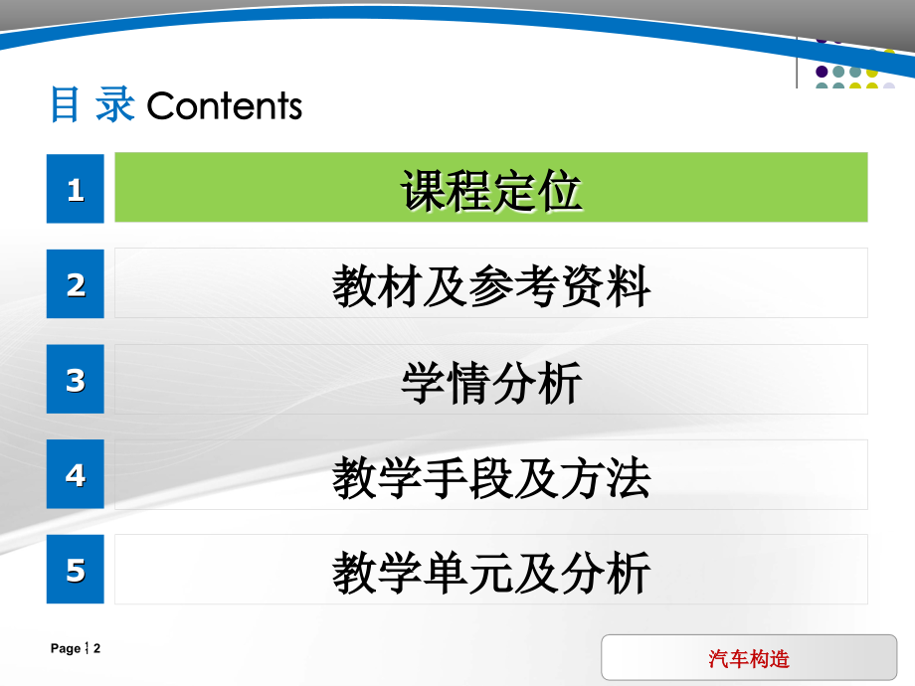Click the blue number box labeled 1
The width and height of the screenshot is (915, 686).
tap(76, 189)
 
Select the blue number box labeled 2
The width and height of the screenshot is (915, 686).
tap(76, 283)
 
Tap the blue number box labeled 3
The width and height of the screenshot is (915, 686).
tap(76, 379)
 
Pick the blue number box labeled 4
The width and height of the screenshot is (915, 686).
tap(76, 473)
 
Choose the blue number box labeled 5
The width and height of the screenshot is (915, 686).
tap(76, 569)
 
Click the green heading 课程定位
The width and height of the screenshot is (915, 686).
tap(491, 191)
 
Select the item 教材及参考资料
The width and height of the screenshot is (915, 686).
tap(491, 285)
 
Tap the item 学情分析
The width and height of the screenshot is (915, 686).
tap(491, 382)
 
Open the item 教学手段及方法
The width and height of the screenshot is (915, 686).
tap(491, 477)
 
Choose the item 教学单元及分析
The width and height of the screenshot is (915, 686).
tap(491, 573)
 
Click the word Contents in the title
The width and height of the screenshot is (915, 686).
tap(225, 105)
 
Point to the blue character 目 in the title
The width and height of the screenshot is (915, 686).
tap(65, 104)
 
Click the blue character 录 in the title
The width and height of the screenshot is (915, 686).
tap(115, 104)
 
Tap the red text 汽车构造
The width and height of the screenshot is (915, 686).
tap(749, 658)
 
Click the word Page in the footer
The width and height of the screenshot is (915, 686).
tap(66, 648)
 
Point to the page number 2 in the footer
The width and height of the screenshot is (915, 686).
tap(96, 648)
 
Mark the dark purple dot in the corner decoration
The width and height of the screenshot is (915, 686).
tap(822, 72)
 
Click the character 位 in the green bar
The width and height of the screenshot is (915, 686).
tap(560, 191)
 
